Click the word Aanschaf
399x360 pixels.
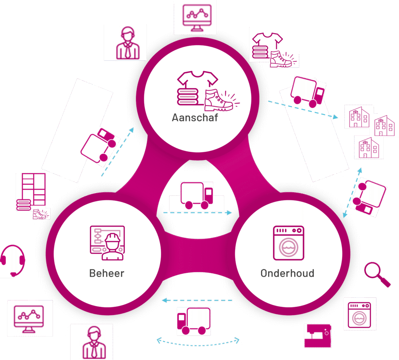click(195, 118)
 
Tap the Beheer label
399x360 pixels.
click(107, 273)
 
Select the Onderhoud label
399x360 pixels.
click(288, 273)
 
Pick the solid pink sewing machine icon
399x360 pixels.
click(318, 336)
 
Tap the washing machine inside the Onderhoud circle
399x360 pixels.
click(289, 243)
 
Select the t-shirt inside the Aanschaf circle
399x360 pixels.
click(198, 79)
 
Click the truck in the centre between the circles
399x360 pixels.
click(197, 195)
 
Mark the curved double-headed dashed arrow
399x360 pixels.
click(198, 344)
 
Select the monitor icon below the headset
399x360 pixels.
click(29, 319)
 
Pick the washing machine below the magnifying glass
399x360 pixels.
click(359, 315)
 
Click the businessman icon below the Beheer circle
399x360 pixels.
click(94, 343)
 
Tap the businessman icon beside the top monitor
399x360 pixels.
click(128, 43)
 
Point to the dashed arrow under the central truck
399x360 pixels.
click(198, 212)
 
